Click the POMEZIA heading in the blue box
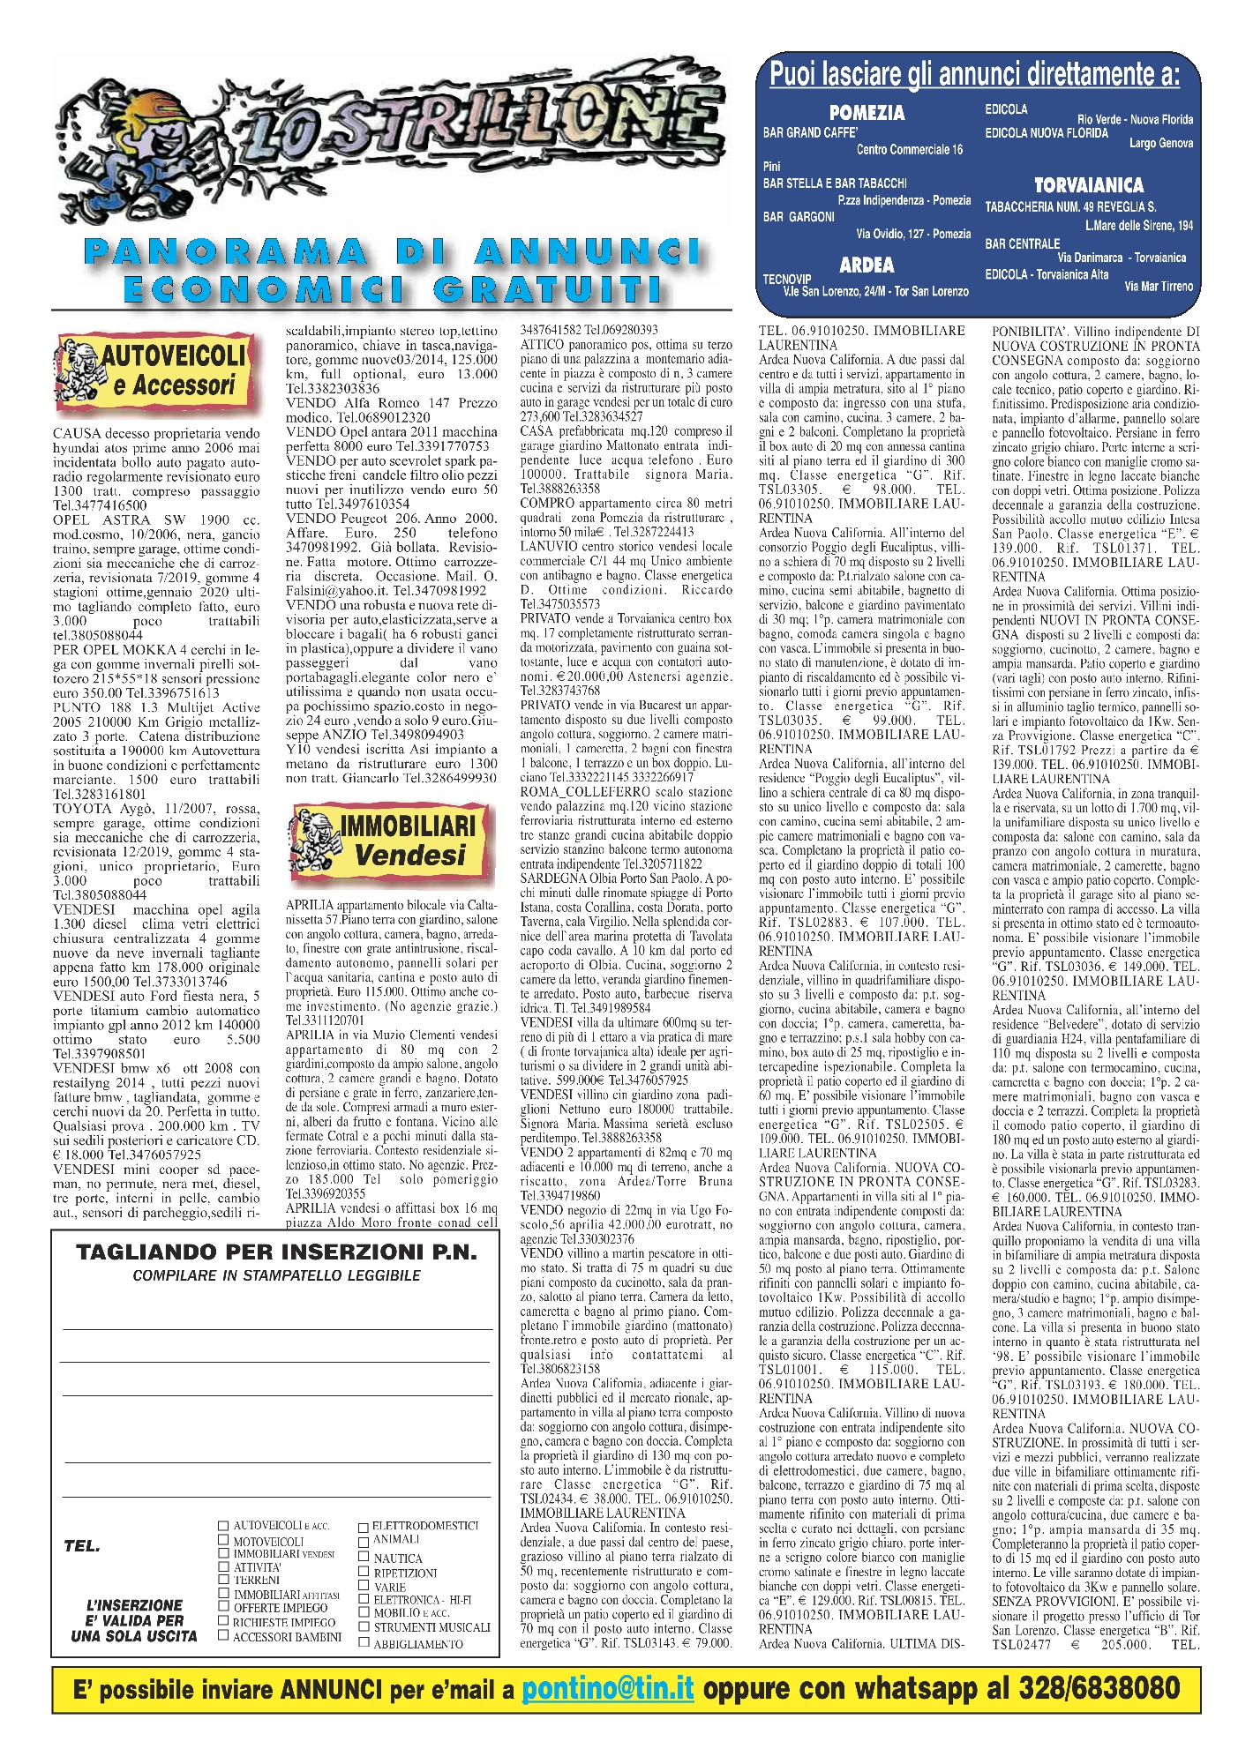click(867, 112)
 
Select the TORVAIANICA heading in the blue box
click(1088, 185)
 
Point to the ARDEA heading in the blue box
click(866, 265)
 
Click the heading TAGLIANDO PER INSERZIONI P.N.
click(276, 1252)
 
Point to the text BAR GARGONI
click(799, 217)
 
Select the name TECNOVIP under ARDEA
click(787, 280)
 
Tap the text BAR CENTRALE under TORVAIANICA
click(1022, 243)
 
